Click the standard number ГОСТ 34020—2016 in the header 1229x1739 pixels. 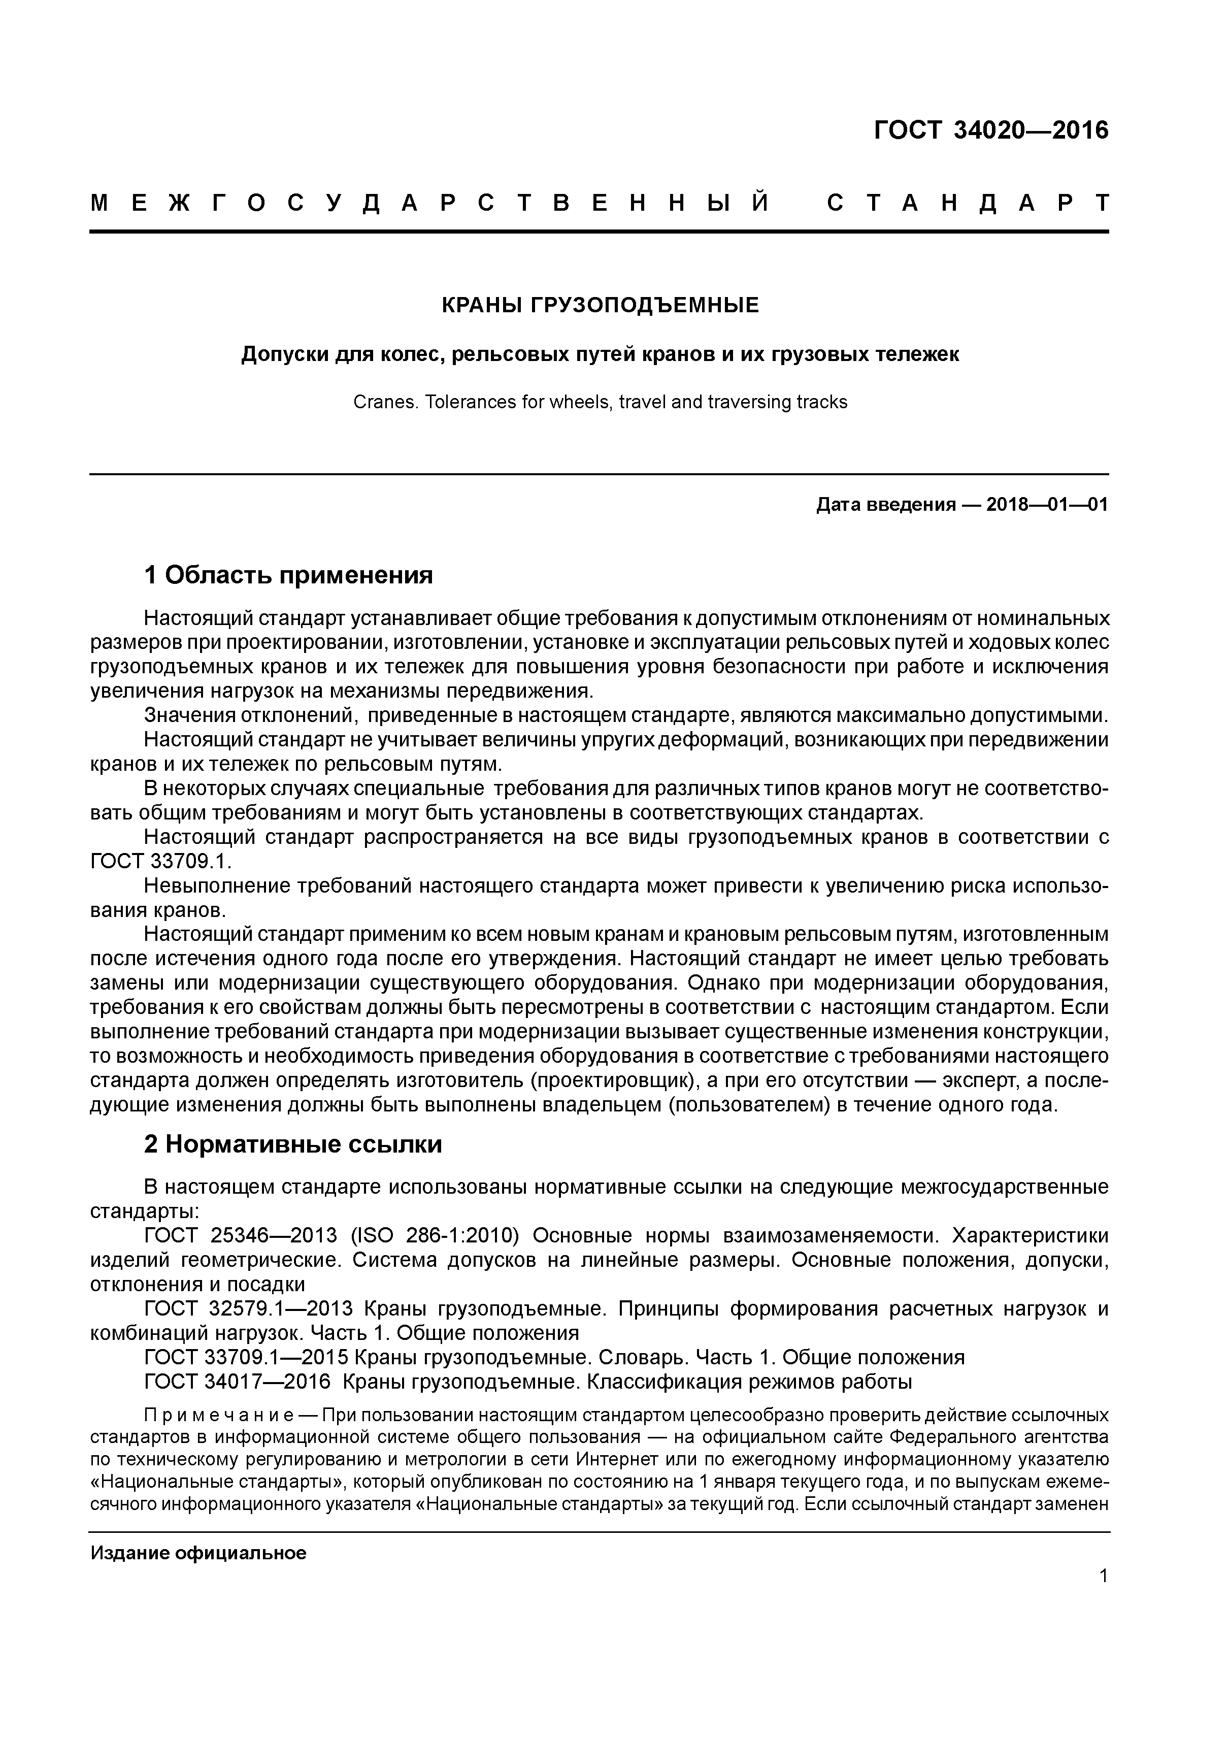point(990,131)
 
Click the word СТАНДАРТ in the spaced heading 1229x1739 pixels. point(969,204)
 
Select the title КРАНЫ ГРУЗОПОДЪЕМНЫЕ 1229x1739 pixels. point(600,305)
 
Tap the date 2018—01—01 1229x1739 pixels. point(1047,505)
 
